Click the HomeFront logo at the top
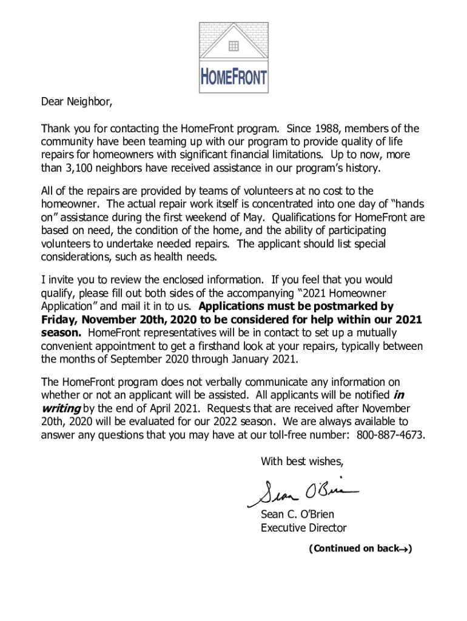click(233, 57)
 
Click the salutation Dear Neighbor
click(76, 101)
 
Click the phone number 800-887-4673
click(390, 435)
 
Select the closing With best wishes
click(302, 462)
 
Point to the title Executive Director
click(303, 528)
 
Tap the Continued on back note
click(360, 549)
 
